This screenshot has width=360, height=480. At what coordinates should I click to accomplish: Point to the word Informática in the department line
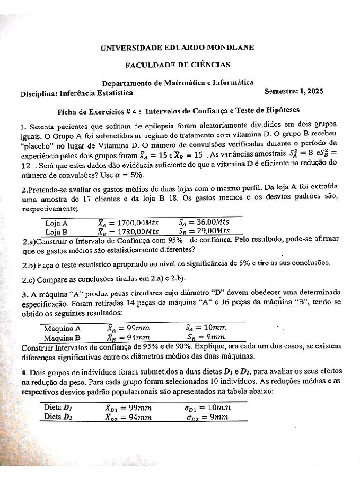pos(233,82)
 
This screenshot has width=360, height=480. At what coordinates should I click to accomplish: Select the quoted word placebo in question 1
pos(36,145)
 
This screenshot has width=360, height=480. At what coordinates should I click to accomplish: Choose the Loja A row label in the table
pos(56,223)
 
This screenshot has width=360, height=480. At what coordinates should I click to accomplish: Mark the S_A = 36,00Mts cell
pos(204,223)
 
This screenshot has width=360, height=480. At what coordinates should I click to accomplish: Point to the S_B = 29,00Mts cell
pos(204,231)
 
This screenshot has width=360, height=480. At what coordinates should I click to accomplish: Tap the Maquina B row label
pos(62,337)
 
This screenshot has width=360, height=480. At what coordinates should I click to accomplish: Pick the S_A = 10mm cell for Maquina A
pos(206,328)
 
